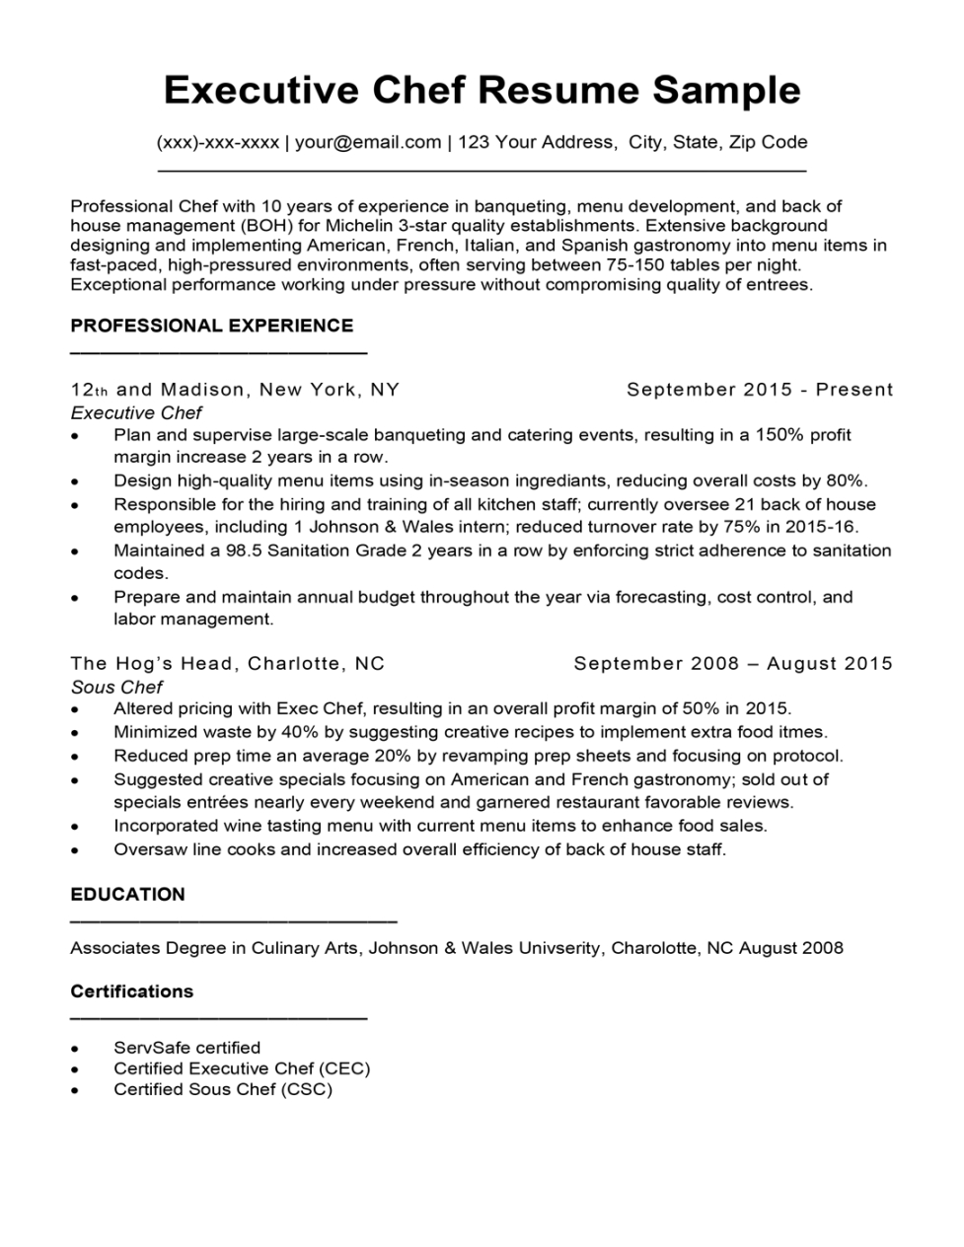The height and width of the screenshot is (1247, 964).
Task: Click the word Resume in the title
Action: tap(559, 91)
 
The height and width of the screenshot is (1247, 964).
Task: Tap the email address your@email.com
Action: tap(368, 142)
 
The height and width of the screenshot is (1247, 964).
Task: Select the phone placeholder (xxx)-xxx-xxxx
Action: tap(217, 142)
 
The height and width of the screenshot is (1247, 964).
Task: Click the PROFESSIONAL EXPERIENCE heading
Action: tap(212, 326)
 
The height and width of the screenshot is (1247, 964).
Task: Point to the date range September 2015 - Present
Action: tap(759, 390)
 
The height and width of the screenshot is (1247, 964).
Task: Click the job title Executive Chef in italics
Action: tap(136, 413)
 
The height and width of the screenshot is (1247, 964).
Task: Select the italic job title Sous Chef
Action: tap(116, 688)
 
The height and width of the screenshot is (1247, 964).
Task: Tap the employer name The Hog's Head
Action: tap(152, 664)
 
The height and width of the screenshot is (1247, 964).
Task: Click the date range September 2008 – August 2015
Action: tap(732, 664)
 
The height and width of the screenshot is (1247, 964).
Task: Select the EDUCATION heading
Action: tap(128, 895)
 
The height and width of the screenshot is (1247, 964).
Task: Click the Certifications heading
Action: tap(132, 991)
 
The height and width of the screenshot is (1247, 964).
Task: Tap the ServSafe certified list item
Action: tap(187, 1048)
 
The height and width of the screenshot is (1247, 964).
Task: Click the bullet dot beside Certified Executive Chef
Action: tap(75, 1069)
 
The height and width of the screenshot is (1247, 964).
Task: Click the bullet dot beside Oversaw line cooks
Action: tap(75, 850)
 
